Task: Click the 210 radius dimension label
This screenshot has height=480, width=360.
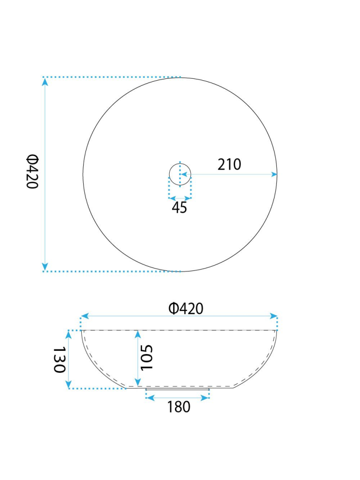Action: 229,164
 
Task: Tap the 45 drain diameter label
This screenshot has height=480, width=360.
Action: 179,208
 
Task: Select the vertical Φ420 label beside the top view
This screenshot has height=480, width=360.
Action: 32,172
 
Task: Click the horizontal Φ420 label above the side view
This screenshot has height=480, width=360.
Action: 186,308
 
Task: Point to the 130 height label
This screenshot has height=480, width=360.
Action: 60,359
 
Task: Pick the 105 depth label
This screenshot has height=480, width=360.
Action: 146,357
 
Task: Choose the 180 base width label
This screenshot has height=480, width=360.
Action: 178,407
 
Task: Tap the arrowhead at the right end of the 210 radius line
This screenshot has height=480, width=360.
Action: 274,174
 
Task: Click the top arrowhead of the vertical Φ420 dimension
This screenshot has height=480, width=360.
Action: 45,81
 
